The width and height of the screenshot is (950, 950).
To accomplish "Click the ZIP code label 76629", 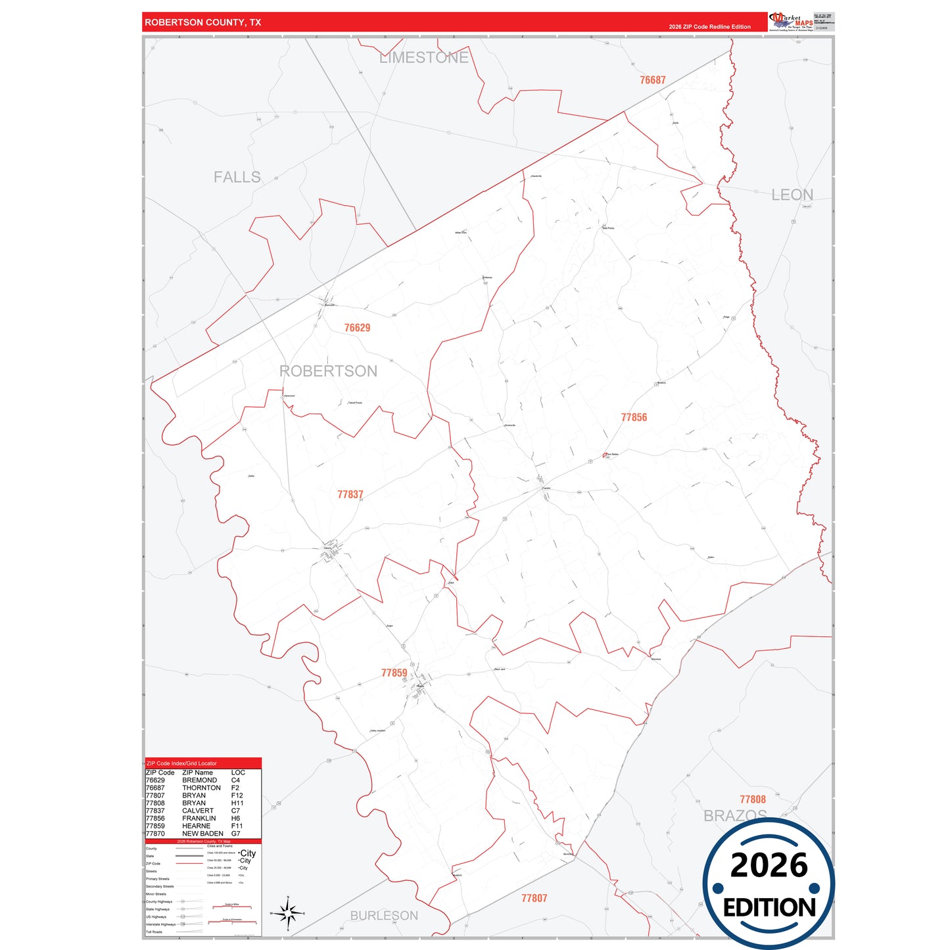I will coord(357,327).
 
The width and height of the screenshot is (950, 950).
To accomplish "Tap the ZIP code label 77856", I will coord(634,417).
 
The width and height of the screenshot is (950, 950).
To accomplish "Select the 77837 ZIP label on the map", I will coord(350,494).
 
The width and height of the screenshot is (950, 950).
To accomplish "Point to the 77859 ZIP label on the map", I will coord(394,673).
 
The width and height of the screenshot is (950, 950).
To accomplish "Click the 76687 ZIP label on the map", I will coord(652,80).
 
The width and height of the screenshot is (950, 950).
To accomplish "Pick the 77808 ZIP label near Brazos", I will coord(752,799).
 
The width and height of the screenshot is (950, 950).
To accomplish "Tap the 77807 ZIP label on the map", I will coord(534,898).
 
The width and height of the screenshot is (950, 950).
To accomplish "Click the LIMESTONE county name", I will coord(423,58).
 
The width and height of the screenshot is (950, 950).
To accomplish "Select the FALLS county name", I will coord(237,178).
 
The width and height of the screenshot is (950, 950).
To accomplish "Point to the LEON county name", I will coord(792,195).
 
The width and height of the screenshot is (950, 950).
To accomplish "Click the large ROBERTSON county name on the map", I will coord(328,371).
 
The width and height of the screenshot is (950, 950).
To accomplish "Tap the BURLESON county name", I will coord(384,915).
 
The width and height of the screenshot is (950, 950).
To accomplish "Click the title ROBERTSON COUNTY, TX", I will coord(202,22).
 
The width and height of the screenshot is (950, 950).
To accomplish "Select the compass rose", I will coord(287,913).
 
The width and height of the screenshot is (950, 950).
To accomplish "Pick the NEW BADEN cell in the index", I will coord(202,834).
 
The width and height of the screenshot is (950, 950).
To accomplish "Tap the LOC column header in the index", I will coord(238,772).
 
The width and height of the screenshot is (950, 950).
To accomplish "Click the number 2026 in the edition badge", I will coord(769,865).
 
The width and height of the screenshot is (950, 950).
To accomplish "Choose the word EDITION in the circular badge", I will coord(769,908).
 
